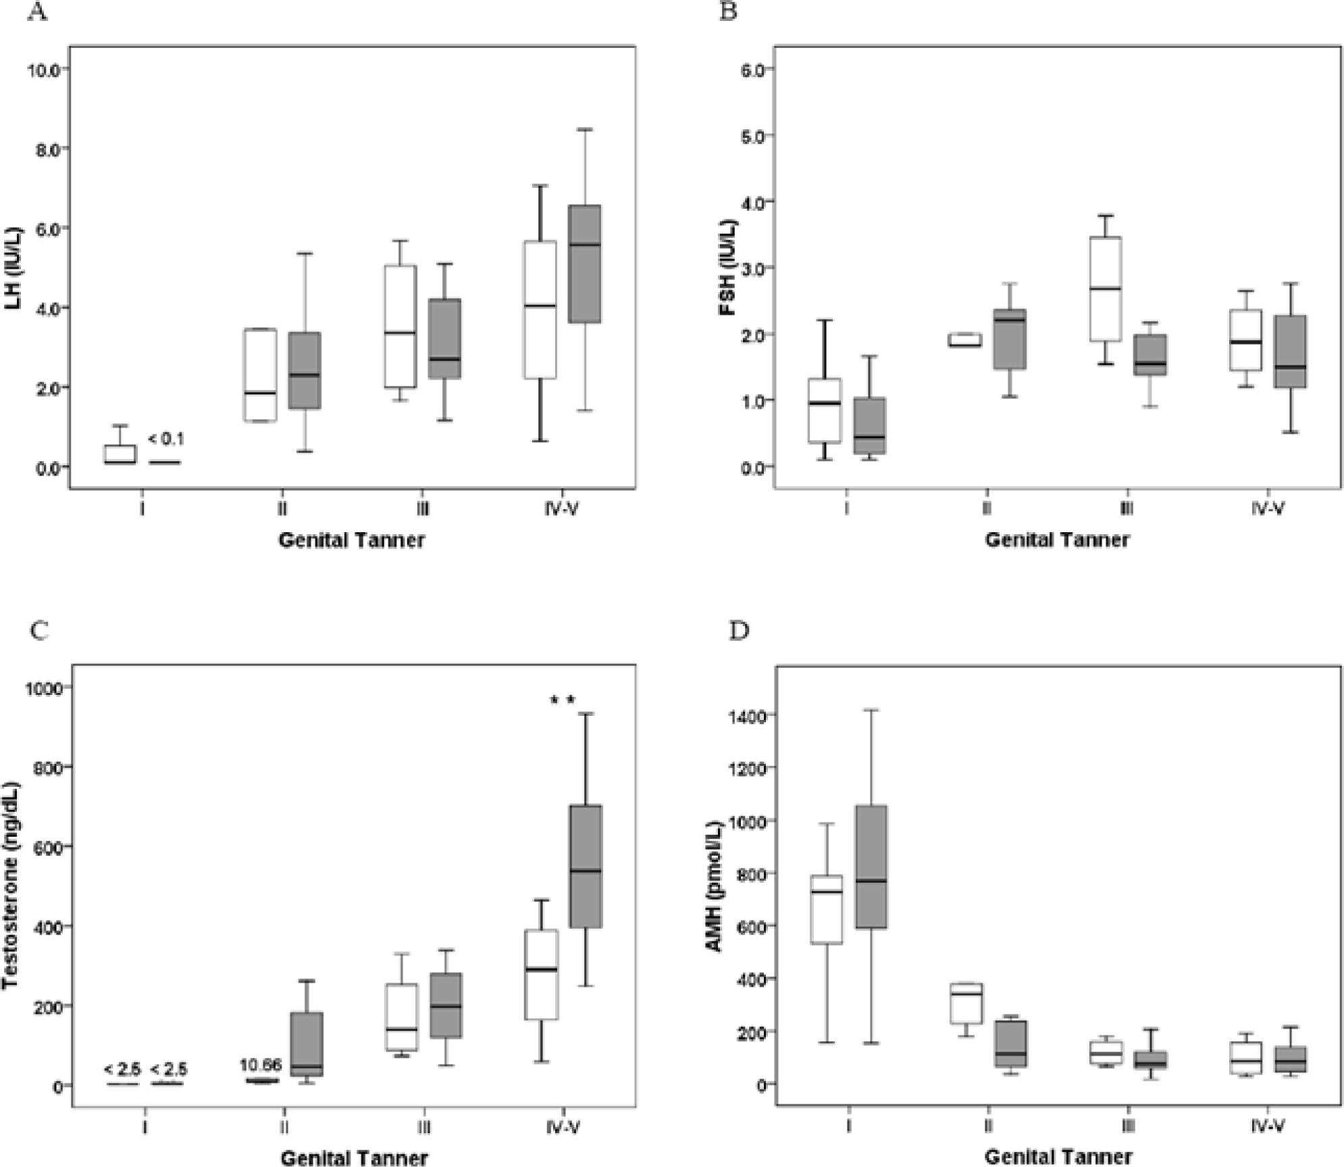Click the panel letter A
click(x=38, y=11)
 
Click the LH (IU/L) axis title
click(x=14, y=269)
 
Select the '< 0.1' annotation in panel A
click(x=165, y=440)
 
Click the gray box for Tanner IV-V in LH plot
click(x=584, y=263)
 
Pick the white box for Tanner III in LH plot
click(x=400, y=326)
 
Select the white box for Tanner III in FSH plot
click(x=1106, y=289)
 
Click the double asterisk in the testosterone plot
click(x=562, y=700)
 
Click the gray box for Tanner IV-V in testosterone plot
click(x=585, y=866)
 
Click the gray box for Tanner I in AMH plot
click(x=871, y=866)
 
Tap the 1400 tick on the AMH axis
click(x=744, y=715)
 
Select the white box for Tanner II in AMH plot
click(x=966, y=1004)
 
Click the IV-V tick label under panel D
click(x=1266, y=1126)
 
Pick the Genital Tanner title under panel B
click(x=1057, y=540)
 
